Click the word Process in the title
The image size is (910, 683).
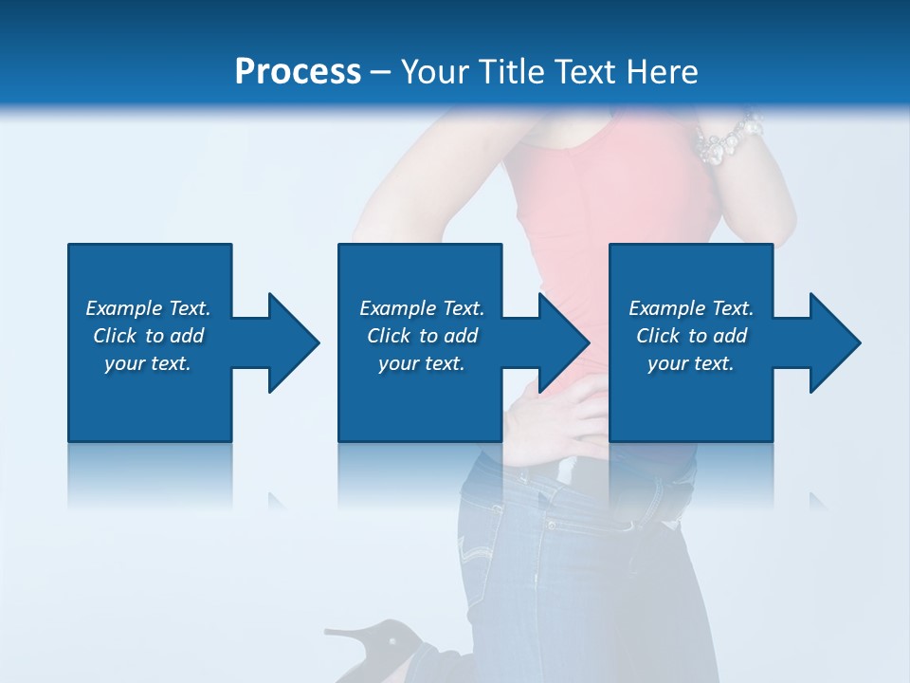click(x=298, y=72)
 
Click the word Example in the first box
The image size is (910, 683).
click(x=123, y=308)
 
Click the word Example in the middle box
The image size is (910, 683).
click(x=397, y=308)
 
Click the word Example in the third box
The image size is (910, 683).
click(x=666, y=308)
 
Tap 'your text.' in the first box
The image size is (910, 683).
click(x=148, y=363)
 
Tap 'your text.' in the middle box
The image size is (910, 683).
click(x=422, y=363)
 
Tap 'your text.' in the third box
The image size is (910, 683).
click(x=691, y=363)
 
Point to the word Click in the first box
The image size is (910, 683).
click(x=115, y=336)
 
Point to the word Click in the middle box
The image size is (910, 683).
click(x=389, y=336)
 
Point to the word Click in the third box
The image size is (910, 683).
click(x=658, y=336)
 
